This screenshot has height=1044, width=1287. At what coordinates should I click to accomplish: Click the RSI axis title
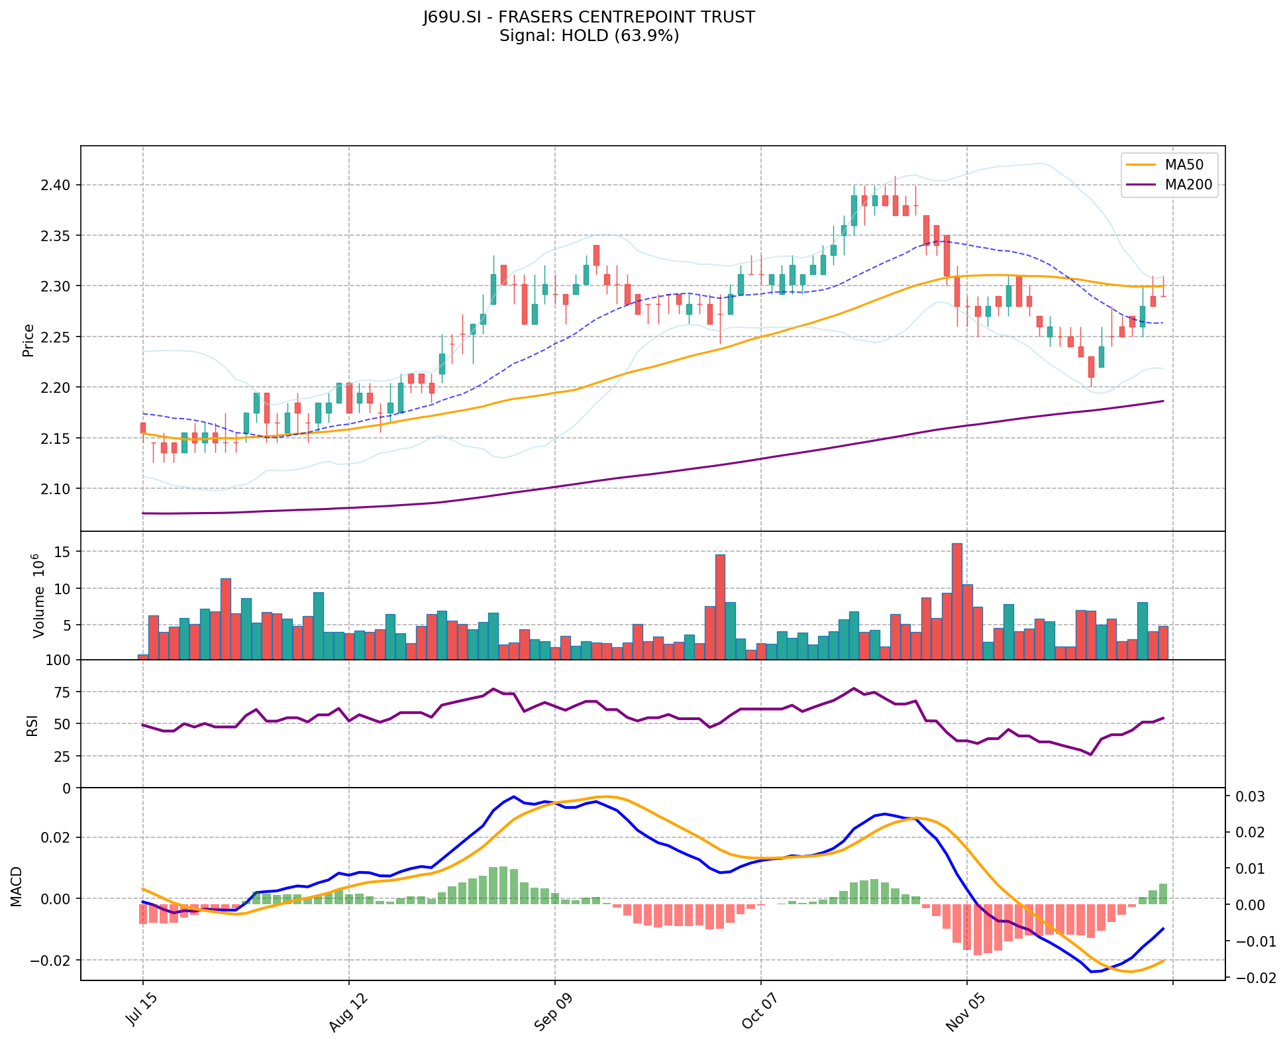[x=32, y=724]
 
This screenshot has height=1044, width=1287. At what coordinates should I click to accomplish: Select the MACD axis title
[x=16, y=886]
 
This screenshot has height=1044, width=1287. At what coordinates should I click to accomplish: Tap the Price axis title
[x=28, y=340]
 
